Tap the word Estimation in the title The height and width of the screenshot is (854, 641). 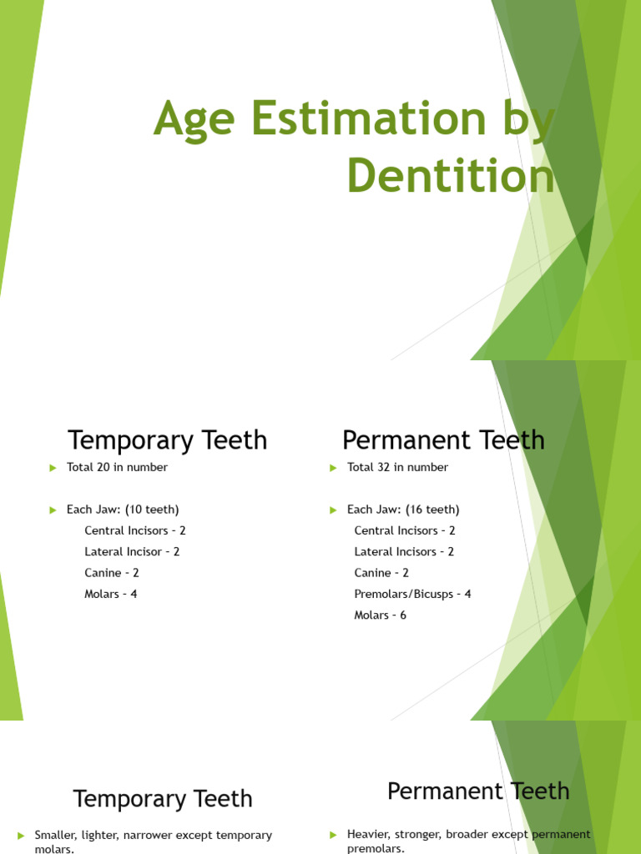(361, 118)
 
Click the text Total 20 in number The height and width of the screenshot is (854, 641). (117, 467)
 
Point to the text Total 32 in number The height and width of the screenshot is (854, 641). (397, 467)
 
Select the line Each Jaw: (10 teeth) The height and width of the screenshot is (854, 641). (123, 510)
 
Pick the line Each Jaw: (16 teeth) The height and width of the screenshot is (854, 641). (403, 510)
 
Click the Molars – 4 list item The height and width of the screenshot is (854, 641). (111, 594)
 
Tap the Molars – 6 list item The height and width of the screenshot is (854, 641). (381, 615)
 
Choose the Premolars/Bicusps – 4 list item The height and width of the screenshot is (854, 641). (412, 594)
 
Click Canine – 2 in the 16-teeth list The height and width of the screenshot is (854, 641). (381, 573)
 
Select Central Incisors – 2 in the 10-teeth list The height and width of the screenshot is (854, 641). (134, 530)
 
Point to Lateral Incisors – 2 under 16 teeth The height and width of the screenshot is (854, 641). (404, 551)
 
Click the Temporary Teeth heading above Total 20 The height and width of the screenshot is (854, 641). (167, 440)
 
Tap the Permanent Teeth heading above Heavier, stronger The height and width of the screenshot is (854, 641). (478, 791)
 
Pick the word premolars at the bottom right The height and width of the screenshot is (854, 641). (376, 849)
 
